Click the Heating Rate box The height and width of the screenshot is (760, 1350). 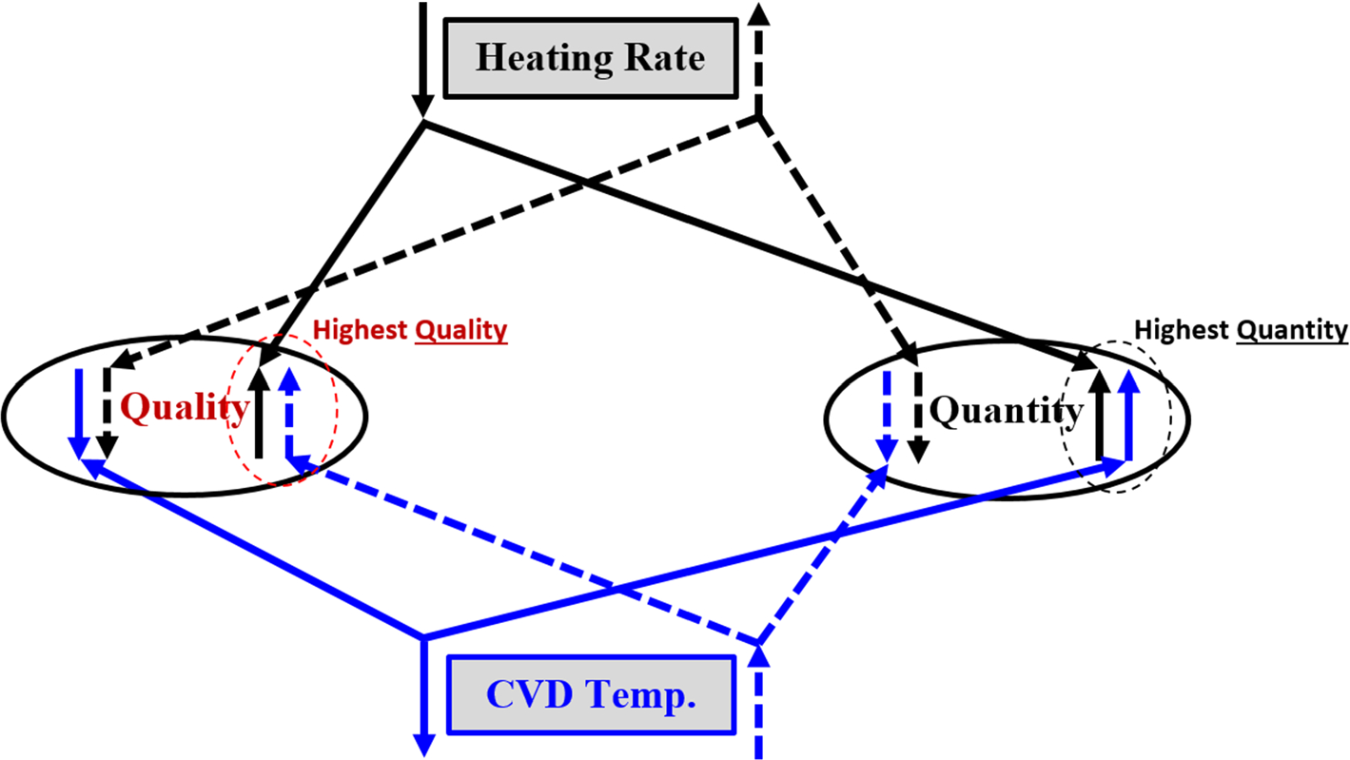pos(590,57)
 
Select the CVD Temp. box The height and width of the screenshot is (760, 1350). pos(591,695)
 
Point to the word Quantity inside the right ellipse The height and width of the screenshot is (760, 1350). pos(1006,411)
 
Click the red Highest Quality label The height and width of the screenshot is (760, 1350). pos(410,331)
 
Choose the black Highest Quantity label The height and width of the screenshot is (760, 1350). pos(1242,330)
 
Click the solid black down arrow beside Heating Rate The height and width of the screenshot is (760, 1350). pos(423,57)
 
